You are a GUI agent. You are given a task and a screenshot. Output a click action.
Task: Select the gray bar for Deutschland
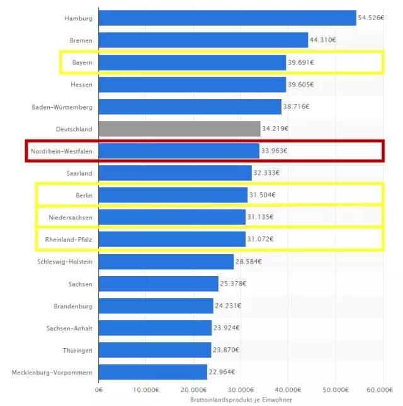coord(179,129)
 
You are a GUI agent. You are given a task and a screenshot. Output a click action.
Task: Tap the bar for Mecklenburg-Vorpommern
coord(153,372)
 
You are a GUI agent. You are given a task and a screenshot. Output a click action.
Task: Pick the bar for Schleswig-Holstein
coord(166,261)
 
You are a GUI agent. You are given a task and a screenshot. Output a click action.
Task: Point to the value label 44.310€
coord(322,40)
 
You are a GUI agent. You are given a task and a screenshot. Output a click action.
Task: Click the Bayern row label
coord(82,62)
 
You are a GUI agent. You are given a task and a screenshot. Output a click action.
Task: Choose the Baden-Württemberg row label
coord(62,107)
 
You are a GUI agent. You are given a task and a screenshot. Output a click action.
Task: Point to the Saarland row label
coord(79,173)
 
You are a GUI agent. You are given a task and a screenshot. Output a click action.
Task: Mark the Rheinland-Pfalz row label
coord(69,239)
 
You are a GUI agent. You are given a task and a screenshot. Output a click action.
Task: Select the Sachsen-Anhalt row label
coord(69,328)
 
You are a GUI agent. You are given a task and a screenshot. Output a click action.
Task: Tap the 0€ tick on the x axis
coord(99,390)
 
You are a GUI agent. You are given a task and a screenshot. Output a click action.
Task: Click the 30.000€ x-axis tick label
coord(241,390)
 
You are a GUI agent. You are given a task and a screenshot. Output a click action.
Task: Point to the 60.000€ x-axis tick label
coord(383,390)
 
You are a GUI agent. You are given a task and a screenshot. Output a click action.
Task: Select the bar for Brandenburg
coord(156,306)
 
